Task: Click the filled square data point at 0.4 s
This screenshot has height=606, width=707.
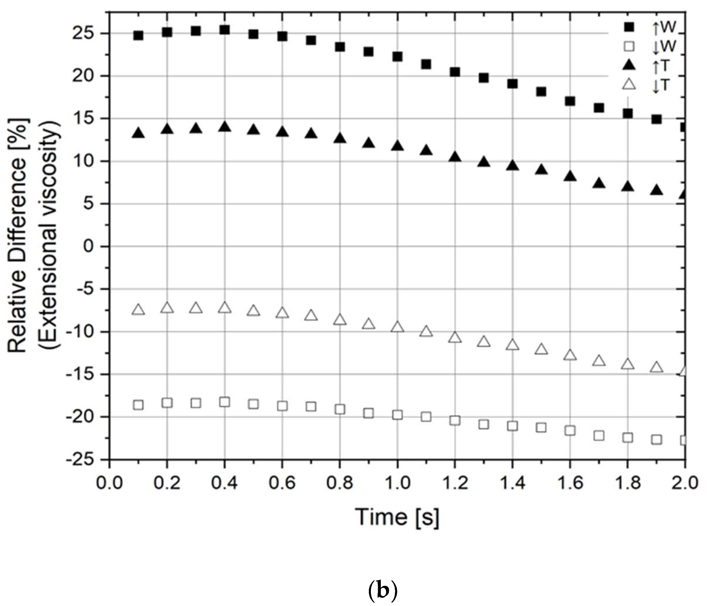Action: (224, 30)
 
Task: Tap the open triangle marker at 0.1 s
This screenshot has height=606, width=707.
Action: (138, 310)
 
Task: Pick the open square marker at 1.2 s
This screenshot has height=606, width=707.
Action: (455, 420)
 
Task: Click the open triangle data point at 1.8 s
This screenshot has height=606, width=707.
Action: (628, 364)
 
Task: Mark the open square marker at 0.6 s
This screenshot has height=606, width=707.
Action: (282, 406)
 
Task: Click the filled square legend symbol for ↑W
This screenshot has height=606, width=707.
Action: (629, 27)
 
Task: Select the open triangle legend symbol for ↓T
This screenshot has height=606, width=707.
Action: (629, 84)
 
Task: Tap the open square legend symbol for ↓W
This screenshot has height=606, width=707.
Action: (629, 46)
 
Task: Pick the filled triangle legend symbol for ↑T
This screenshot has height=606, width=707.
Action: (629, 65)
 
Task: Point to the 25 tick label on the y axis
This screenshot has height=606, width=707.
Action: (90, 33)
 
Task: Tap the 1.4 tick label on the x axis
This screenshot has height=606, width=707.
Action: (512, 484)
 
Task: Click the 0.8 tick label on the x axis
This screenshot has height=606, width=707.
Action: (340, 484)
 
